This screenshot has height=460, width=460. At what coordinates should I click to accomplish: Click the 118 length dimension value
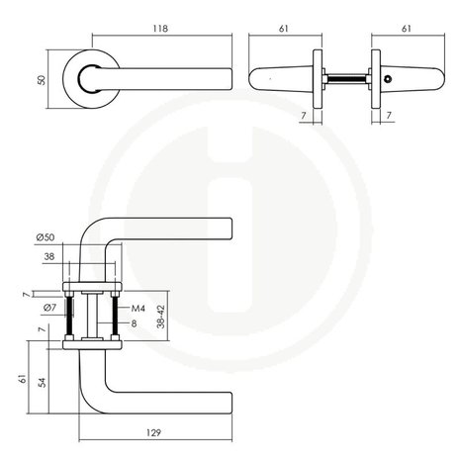(160, 29)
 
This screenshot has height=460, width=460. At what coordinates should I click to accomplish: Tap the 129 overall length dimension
(153, 432)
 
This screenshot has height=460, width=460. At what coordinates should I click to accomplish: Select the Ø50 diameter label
(46, 237)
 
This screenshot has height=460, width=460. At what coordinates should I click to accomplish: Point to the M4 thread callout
(138, 309)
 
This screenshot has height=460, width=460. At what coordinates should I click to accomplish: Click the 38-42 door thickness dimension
(161, 317)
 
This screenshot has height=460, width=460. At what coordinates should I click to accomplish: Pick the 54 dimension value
(43, 382)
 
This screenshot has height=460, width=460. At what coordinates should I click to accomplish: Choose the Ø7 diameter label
(49, 308)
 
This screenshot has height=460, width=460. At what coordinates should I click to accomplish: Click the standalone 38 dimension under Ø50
(49, 256)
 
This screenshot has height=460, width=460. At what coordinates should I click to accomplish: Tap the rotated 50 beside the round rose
(42, 80)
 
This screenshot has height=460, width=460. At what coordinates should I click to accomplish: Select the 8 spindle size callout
(134, 323)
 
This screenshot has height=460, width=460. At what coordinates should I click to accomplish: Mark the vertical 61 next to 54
(23, 379)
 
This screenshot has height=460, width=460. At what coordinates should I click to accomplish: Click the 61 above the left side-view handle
(284, 29)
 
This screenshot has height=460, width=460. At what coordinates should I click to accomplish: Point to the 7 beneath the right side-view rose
(389, 116)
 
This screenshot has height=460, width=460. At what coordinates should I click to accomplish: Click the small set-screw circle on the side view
(389, 79)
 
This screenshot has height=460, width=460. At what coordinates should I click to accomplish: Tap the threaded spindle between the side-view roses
(346, 79)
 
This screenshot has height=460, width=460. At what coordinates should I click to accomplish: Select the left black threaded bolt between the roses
(69, 316)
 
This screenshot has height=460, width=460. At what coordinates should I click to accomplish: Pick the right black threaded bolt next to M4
(115, 316)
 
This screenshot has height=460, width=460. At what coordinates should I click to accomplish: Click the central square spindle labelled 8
(92, 316)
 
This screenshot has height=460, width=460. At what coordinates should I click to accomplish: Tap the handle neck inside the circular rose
(88, 79)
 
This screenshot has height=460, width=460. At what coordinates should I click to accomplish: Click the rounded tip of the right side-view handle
(441, 79)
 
